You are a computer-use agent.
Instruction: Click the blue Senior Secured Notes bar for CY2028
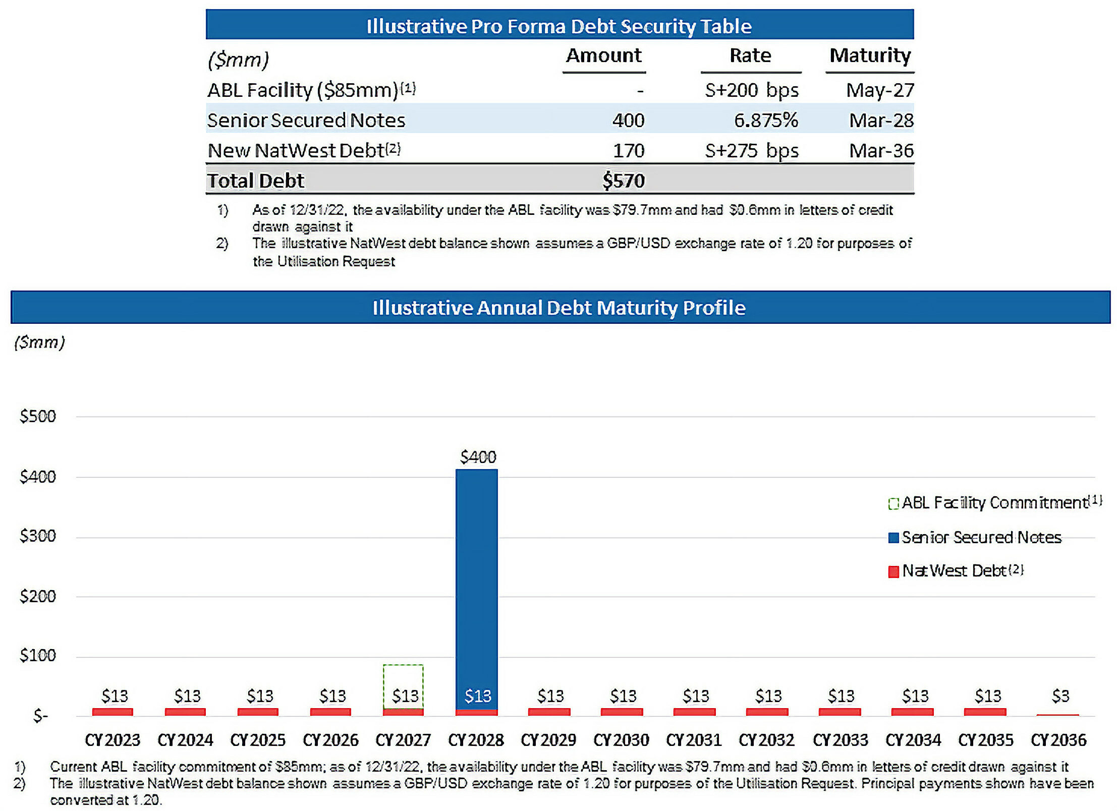pyautogui.click(x=476, y=580)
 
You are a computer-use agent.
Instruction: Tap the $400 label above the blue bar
pyautogui.click(x=478, y=457)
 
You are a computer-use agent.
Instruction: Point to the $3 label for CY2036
pyautogui.click(x=1060, y=696)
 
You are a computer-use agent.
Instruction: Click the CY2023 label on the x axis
pyautogui.click(x=112, y=740)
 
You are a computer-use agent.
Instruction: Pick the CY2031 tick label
pyautogui.click(x=694, y=740)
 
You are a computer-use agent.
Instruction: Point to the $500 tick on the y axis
pyautogui.click(x=38, y=416)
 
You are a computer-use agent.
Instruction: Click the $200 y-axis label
pyautogui.click(x=38, y=596)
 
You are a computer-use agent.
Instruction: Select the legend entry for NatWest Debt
pyautogui.click(x=956, y=570)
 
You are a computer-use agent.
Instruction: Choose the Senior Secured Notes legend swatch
pyautogui.click(x=893, y=538)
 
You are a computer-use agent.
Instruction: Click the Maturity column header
pyautogui.click(x=870, y=55)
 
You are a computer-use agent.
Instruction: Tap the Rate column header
pyautogui.click(x=750, y=55)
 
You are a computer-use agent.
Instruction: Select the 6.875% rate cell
pyautogui.click(x=765, y=120)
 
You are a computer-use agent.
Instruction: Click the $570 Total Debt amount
pyautogui.click(x=624, y=181)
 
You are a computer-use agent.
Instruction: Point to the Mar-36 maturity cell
pyautogui.click(x=881, y=150)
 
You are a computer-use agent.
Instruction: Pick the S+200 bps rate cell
pyautogui.click(x=751, y=90)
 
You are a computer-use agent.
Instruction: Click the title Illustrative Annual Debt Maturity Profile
pyautogui.click(x=559, y=308)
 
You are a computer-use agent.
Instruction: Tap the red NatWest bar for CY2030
pyautogui.click(x=622, y=712)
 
